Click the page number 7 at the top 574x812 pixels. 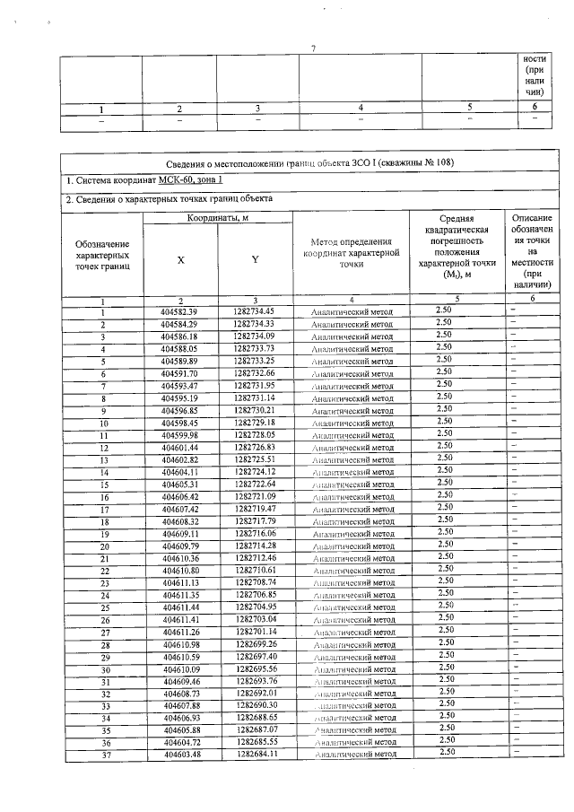coord(314,47)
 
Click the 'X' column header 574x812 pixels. coord(180,259)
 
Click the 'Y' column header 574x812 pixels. coord(255,259)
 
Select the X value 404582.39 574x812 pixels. coord(179,311)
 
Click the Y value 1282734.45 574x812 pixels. coord(255,311)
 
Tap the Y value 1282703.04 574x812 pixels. coord(255,619)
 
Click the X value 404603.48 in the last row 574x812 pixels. coord(179,754)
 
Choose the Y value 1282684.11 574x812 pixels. coord(255,754)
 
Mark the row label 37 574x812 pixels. coord(104,755)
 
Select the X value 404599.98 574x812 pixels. coord(179,434)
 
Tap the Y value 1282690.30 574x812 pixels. coord(255,705)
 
